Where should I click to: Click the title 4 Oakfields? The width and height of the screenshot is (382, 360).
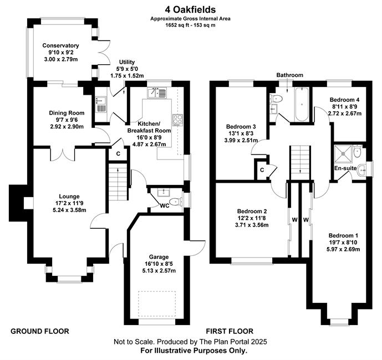pos(190,10)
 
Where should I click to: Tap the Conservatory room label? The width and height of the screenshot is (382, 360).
pos(60,45)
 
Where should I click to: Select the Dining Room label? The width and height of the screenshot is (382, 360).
pos(67,113)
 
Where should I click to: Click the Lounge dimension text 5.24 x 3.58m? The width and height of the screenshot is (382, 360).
pos(69,210)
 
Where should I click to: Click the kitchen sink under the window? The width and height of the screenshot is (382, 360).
pos(157,92)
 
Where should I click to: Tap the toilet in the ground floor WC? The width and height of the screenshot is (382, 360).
pos(175,202)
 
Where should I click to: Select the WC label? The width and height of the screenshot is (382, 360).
pos(165,206)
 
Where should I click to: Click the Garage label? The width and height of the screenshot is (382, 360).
pos(159,257)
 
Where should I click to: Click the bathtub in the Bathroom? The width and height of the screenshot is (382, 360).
pos(302,104)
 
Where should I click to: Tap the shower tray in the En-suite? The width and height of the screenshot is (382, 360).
pos(343,153)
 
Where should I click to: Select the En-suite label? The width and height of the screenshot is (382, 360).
pos(345,168)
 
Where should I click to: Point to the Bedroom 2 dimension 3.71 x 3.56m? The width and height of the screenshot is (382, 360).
pos(252,225)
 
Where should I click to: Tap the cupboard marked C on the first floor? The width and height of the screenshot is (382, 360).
pos(262,170)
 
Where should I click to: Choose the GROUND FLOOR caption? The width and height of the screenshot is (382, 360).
pos(40,331)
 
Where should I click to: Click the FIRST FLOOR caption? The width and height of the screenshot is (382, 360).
pos(230,331)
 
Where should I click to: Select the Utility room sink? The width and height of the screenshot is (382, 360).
pos(100,105)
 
